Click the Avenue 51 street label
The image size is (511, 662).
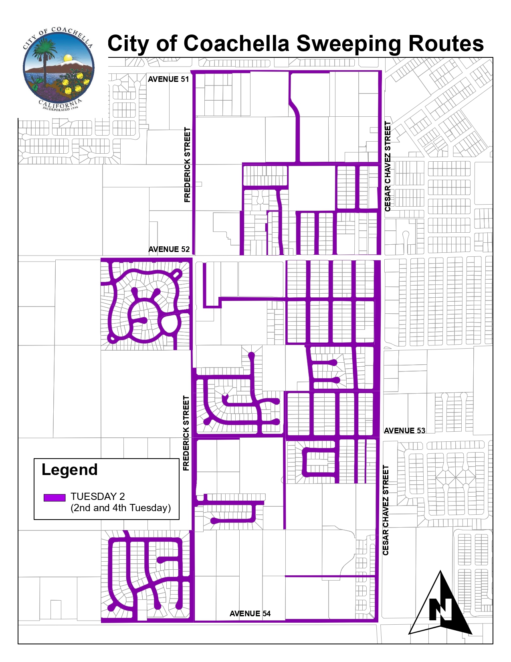(168, 79)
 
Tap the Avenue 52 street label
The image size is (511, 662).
(169, 249)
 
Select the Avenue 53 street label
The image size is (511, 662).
(404, 431)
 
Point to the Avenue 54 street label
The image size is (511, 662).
(250, 613)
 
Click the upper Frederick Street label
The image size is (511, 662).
(187, 164)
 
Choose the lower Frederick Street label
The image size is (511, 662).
(186, 433)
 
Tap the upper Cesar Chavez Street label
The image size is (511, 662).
(388, 166)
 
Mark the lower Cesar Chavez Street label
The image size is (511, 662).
(386, 510)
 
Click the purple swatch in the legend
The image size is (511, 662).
(55, 498)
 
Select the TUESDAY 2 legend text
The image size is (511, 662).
(98, 496)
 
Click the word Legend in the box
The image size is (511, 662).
(70, 470)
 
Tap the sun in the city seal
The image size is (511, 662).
(68, 58)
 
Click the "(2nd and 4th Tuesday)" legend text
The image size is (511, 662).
(121, 508)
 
